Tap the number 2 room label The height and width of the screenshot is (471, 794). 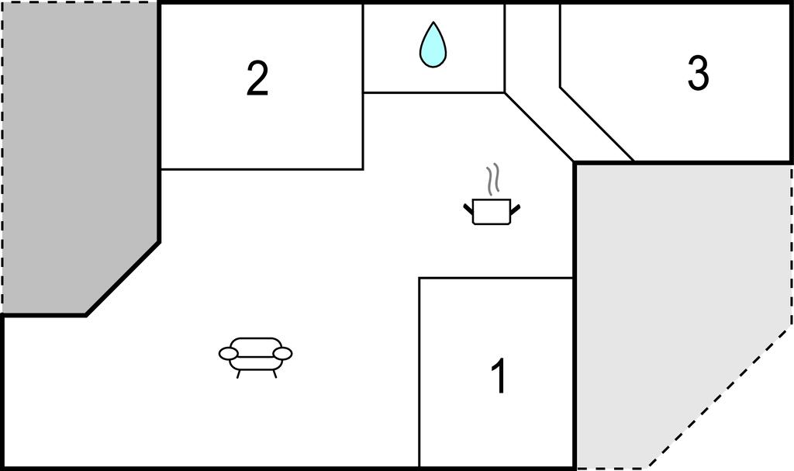[257, 78]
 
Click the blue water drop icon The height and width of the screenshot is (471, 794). [433, 44]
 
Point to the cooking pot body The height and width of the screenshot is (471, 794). [491, 212]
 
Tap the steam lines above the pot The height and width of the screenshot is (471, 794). [492, 179]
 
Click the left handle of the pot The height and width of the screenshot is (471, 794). [468, 208]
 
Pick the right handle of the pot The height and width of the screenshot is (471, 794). [515, 209]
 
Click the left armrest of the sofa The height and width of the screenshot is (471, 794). [229, 353]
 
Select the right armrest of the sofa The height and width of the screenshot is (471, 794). [282, 353]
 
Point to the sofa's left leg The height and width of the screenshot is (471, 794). [239, 374]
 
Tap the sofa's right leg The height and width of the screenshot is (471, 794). [274, 374]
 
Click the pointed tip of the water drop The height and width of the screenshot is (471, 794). [433, 22]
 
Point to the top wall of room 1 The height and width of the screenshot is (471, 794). [495, 278]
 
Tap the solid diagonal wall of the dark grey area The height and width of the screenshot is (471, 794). [123, 279]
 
